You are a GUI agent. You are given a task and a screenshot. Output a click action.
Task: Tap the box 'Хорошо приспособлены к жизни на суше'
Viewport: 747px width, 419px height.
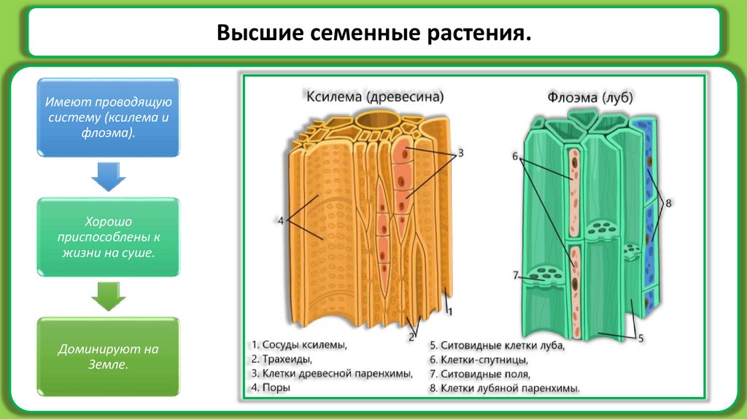point(108,237)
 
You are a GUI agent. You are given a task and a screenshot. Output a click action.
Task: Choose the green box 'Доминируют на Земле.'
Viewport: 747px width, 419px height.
point(108,356)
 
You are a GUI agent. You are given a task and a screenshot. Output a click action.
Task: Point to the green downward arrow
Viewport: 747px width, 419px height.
point(108,296)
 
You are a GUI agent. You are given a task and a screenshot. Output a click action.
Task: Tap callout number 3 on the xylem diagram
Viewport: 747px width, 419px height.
point(460,155)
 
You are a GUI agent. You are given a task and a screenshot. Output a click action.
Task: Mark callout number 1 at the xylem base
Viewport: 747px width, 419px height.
point(450,312)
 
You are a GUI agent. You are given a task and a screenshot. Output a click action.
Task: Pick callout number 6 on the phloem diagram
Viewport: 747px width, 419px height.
point(514,155)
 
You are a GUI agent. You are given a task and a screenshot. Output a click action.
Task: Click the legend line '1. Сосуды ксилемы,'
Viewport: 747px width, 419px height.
point(298,345)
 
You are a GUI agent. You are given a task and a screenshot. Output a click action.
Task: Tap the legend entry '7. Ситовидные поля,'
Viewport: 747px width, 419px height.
point(478,374)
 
